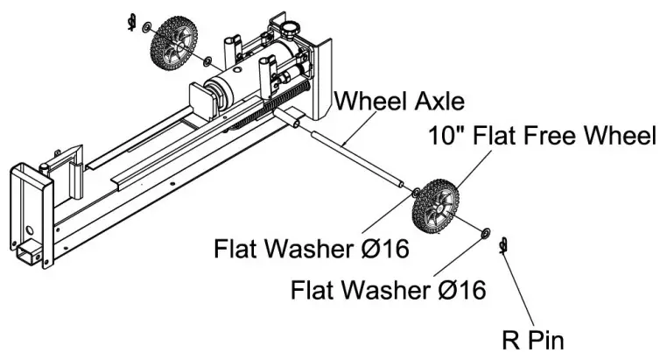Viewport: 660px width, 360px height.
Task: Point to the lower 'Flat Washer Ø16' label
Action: (x=388, y=289)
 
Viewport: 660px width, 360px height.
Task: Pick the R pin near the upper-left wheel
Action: (x=131, y=20)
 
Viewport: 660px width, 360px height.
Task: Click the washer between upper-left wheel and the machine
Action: (x=206, y=62)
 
